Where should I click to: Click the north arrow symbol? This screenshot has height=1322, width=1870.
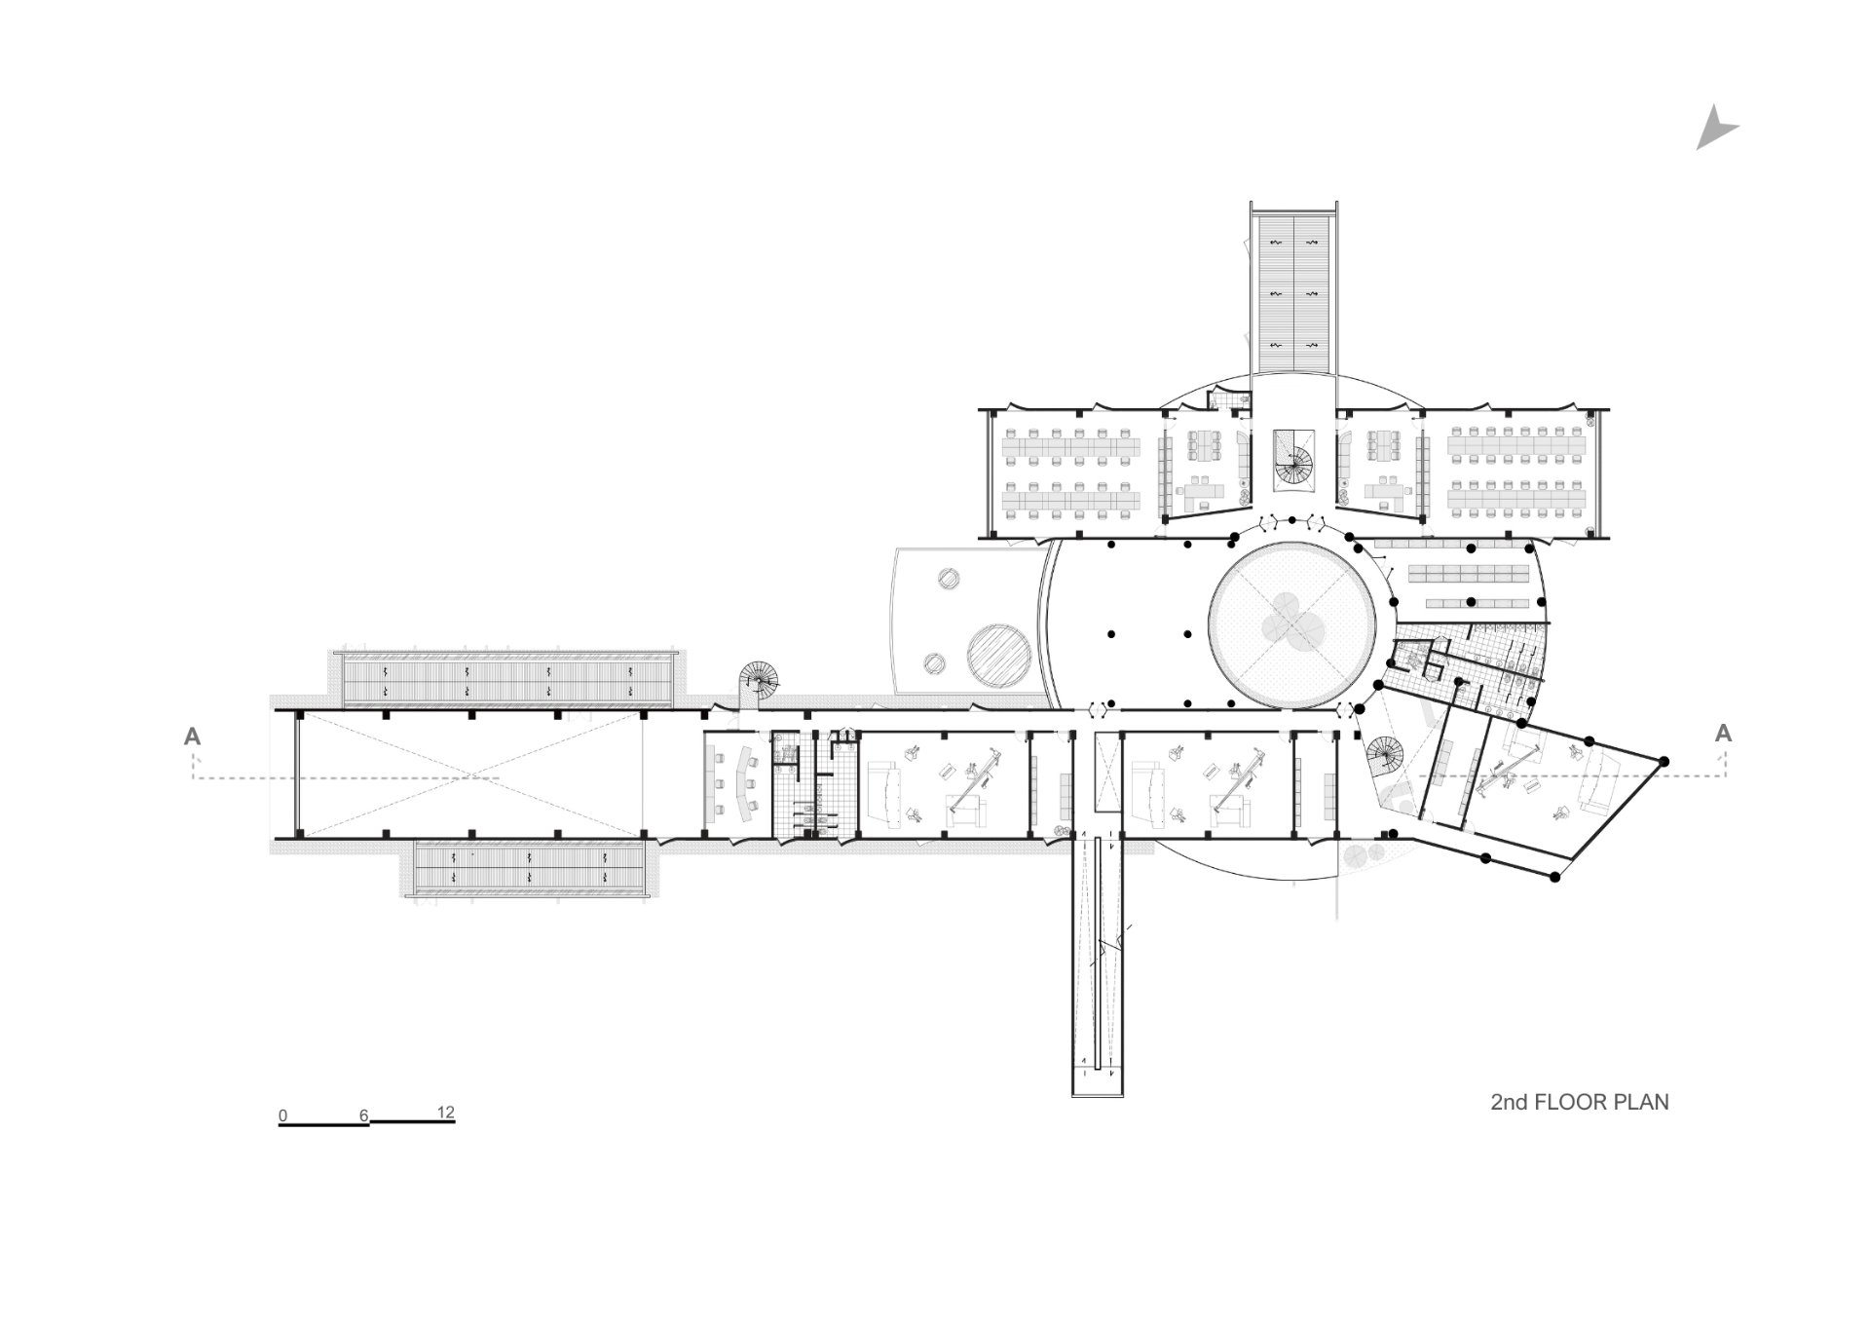(1713, 131)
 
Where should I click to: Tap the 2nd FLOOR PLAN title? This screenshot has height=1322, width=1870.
(1579, 1102)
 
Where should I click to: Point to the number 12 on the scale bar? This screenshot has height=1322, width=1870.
(446, 1113)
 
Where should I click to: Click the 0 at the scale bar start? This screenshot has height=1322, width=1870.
(282, 1115)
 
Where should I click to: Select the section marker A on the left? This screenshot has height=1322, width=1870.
(193, 736)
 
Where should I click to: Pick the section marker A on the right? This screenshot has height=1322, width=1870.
(1723, 733)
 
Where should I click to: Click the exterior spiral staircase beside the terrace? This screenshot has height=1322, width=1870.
(760, 680)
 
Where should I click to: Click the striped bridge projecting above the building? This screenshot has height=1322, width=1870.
(1292, 292)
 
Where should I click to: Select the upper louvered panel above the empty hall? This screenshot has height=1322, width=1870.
(506, 679)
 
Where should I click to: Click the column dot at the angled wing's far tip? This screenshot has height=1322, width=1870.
(1664, 761)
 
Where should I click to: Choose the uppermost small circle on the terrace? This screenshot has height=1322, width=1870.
(946, 579)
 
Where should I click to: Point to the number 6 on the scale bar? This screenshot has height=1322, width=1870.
(364, 1115)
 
